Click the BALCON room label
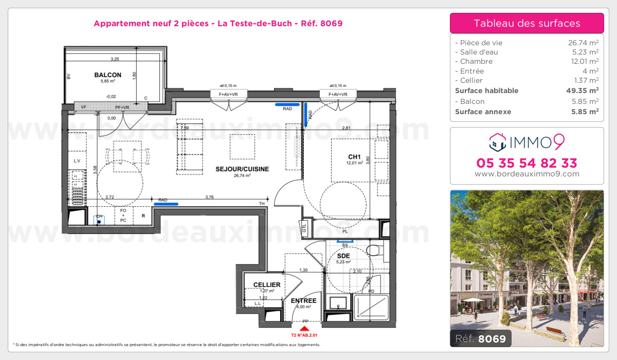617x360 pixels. [x=107, y=75]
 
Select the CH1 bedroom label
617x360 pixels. [x=354, y=157]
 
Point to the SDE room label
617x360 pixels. [x=343, y=256]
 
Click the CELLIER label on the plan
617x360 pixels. [x=267, y=285]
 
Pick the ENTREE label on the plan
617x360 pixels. [x=303, y=301]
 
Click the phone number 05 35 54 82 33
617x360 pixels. [x=527, y=164]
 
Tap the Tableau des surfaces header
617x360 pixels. [x=527, y=23]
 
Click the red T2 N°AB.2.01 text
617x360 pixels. [x=305, y=334]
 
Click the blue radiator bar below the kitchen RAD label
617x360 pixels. [x=166, y=204]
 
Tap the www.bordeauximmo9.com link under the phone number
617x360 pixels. [x=527, y=174]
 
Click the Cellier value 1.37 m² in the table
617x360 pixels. [x=585, y=81]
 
